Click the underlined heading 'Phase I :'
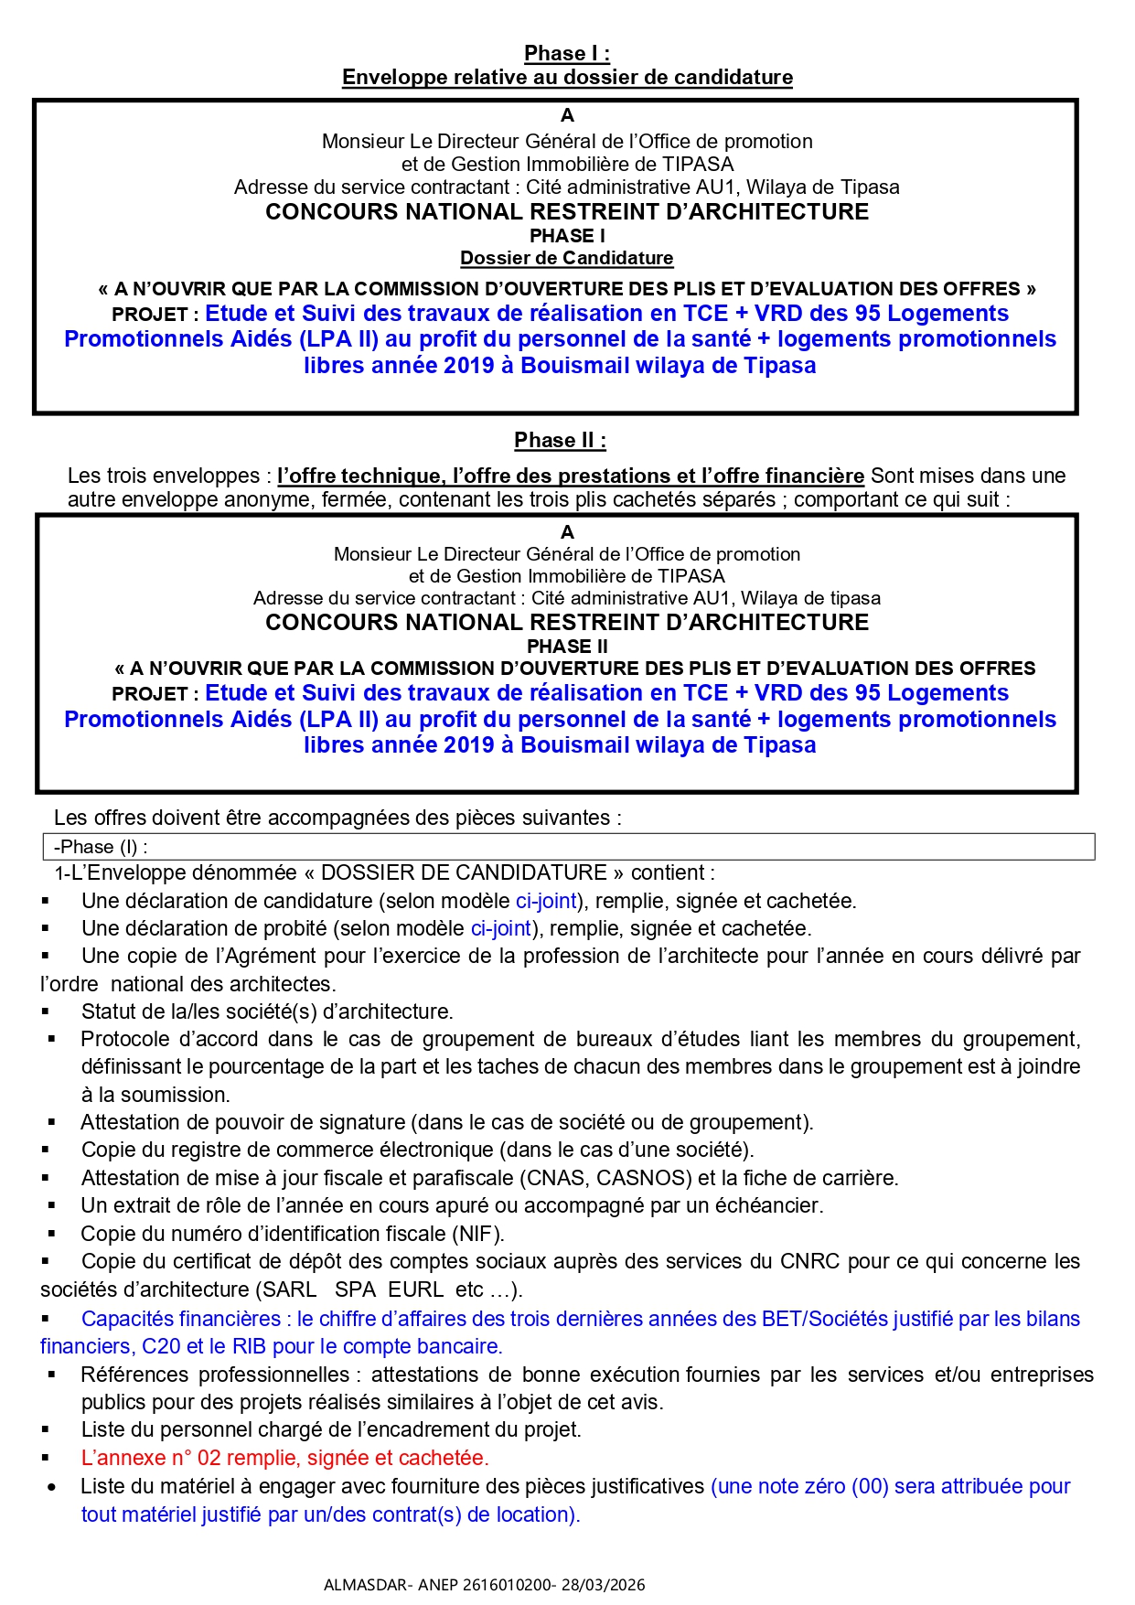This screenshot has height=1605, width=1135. pos(567,53)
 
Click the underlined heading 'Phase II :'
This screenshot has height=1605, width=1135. pos(560,440)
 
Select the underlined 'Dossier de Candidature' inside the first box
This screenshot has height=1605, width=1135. pos(566,258)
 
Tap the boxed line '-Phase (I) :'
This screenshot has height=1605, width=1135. pos(101,847)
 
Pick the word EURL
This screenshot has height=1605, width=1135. pos(415,1289)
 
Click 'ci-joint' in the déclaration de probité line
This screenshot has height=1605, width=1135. pos(501,928)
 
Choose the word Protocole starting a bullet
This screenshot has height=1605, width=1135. pos(124,1039)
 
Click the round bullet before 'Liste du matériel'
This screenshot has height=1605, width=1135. pos(51,1487)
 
